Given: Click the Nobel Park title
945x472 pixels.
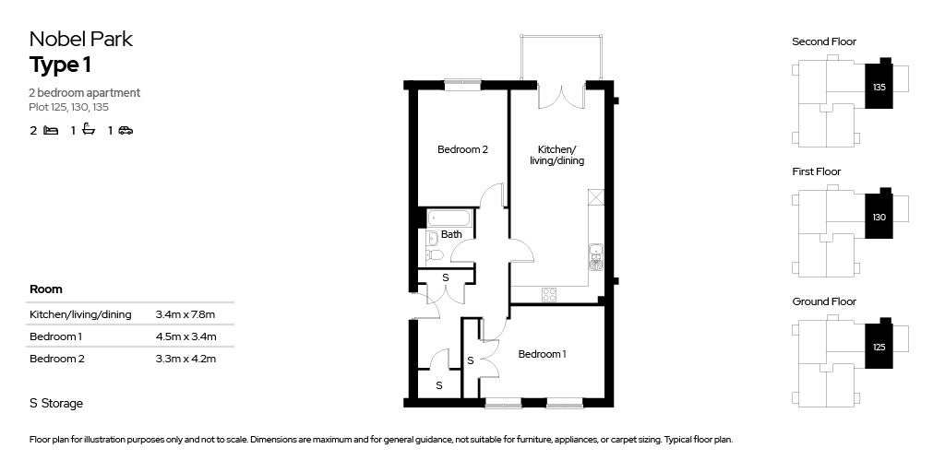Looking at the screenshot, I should pyautogui.click(x=81, y=39).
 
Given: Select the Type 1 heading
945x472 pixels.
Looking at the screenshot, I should pyautogui.click(x=60, y=65).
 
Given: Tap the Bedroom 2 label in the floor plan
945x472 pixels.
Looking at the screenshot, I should pyautogui.click(x=462, y=150).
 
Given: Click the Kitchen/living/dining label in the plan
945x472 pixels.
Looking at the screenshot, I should pyautogui.click(x=556, y=155).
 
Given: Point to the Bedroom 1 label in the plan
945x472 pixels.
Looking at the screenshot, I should pyautogui.click(x=542, y=354).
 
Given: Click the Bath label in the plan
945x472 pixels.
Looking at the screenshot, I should pyautogui.click(x=451, y=235).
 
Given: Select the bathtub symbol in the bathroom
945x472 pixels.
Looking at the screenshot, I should pyautogui.click(x=449, y=218).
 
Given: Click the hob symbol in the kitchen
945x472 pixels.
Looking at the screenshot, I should pyautogui.click(x=549, y=295).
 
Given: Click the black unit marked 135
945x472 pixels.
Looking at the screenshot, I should pyautogui.click(x=879, y=86).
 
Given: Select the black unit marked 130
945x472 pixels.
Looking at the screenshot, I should pyautogui.click(x=879, y=217).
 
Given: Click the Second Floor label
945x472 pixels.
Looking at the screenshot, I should pyautogui.click(x=824, y=41).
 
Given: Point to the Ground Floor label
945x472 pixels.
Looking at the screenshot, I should pyautogui.click(x=824, y=301).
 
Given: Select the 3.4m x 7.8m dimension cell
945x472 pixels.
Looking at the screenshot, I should pyautogui.click(x=185, y=314).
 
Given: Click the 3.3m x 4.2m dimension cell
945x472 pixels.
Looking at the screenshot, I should pyautogui.click(x=185, y=359).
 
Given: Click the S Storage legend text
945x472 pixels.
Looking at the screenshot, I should pyautogui.click(x=56, y=403).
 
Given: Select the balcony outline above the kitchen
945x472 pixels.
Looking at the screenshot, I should pyautogui.click(x=562, y=57).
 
